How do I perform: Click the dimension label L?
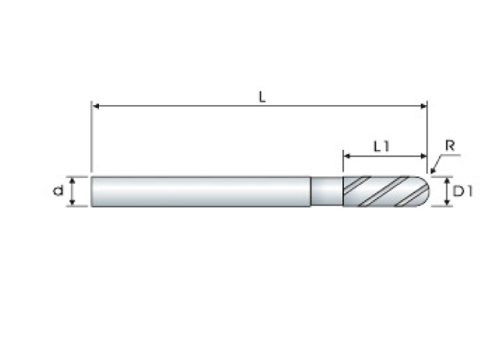point(262,97)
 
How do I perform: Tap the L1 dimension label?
point(382,147)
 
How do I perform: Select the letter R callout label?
point(450,145)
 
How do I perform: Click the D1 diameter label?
point(463,191)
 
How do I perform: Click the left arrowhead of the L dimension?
point(96,106)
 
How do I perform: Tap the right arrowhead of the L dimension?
point(423,106)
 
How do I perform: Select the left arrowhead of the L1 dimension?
point(347,156)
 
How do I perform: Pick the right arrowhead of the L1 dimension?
point(423,156)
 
